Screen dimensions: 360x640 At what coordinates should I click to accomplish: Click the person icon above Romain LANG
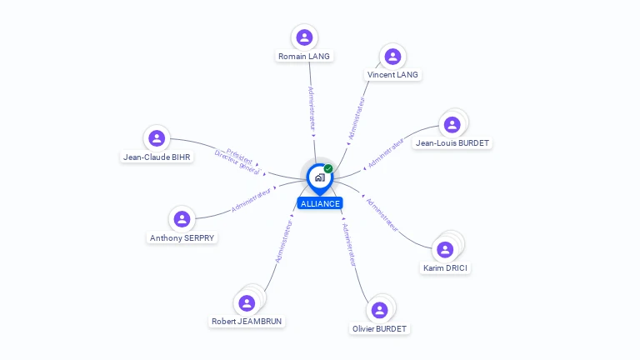304,37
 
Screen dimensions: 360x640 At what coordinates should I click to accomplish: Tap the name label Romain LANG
304,57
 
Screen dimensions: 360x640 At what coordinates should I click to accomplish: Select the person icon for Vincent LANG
392,56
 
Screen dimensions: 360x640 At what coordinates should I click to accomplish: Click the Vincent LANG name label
393,75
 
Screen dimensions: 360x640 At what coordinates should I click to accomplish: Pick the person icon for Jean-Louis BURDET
452,125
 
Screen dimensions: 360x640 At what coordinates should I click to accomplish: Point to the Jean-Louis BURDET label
452,143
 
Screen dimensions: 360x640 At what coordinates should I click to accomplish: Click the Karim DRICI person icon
445,249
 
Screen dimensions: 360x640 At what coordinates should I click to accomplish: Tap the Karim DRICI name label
446,268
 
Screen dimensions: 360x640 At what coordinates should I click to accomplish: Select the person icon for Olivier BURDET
379,310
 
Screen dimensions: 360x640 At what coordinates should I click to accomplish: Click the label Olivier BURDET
379,329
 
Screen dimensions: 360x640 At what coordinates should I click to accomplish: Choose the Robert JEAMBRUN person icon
247,302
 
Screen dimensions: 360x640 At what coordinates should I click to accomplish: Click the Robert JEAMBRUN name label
246,322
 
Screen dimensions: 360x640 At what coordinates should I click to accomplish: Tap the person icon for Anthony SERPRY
182,219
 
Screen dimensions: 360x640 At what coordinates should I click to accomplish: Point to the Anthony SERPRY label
182,238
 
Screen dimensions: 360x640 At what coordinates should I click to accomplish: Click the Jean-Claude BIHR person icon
156,138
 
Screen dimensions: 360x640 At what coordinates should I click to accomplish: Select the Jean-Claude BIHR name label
157,157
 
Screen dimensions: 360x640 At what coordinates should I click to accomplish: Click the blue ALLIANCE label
320,203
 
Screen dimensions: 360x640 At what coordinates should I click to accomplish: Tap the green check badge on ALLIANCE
328,169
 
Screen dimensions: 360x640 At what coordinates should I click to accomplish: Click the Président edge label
240,154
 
